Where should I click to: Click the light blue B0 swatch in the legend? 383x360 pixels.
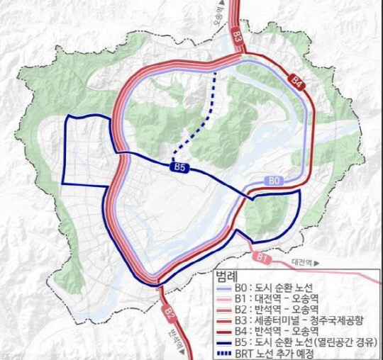tap(225, 286)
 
